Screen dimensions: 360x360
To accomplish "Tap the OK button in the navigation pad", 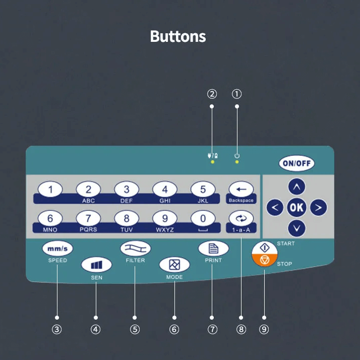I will click(296, 207).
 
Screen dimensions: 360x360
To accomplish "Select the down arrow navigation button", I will click(296, 228).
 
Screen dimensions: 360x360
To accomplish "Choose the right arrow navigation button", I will click(318, 207).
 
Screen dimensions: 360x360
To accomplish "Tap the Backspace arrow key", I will click(241, 190).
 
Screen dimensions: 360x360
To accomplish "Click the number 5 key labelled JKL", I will click(203, 190).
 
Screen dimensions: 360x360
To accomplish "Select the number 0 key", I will click(203, 219).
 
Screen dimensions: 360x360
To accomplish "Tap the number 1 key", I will click(50, 190).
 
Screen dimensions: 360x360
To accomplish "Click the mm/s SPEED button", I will click(57, 249).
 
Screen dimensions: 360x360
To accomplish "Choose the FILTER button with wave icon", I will click(135, 248).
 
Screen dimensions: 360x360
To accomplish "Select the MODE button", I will click(174, 265).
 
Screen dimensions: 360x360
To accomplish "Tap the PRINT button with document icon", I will click(213, 248).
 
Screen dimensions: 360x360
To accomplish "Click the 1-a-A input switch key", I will click(241, 219).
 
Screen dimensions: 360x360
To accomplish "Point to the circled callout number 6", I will click(174, 329).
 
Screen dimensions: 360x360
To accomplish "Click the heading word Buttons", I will click(178, 37).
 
